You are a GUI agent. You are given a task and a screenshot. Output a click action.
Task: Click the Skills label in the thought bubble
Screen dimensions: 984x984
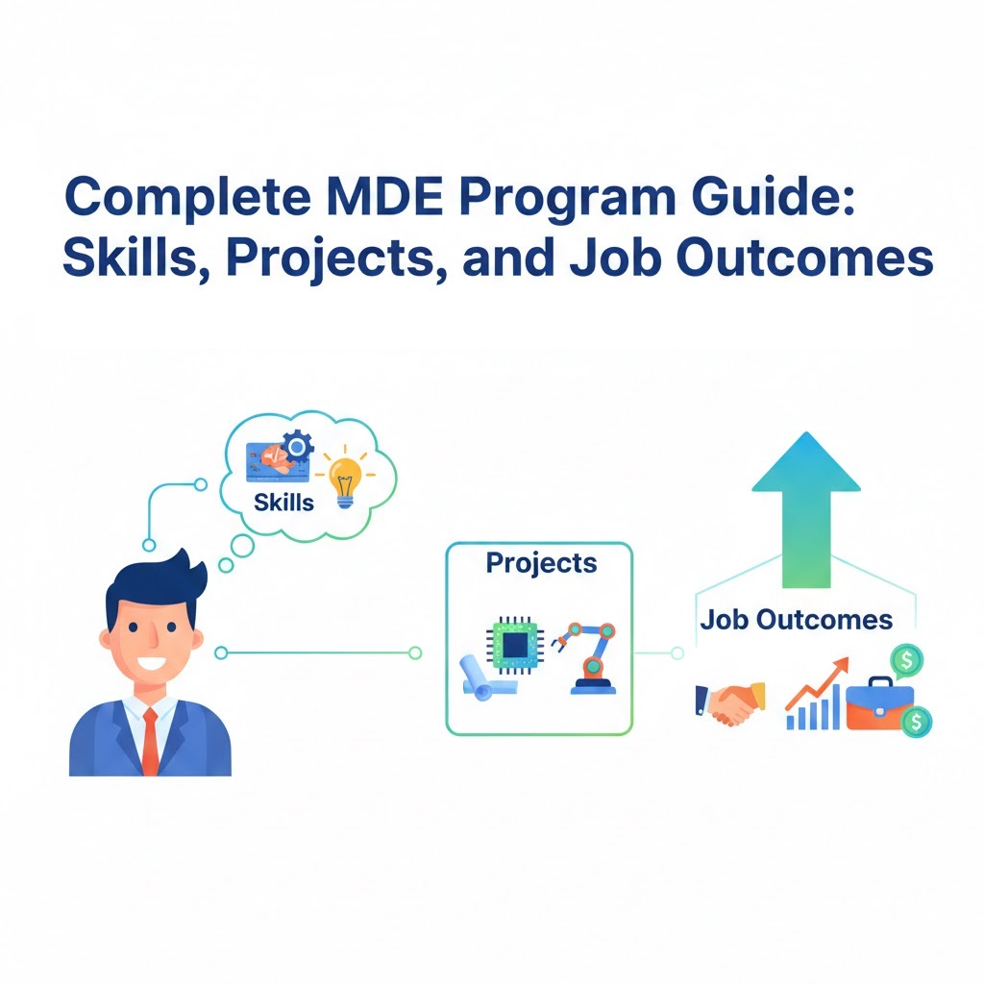coord(283,502)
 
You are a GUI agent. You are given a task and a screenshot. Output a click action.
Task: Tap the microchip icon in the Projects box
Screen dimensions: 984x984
coord(515,641)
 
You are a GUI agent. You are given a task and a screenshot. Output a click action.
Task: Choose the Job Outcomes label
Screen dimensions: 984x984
coord(796,619)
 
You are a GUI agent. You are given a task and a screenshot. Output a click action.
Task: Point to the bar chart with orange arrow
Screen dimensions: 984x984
coord(815,696)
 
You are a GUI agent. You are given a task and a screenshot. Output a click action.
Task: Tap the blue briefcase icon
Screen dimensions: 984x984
coord(873,704)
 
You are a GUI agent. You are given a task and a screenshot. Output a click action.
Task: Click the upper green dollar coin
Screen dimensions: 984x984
coord(905,659)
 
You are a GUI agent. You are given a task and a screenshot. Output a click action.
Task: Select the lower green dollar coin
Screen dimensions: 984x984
coord(917,721)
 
